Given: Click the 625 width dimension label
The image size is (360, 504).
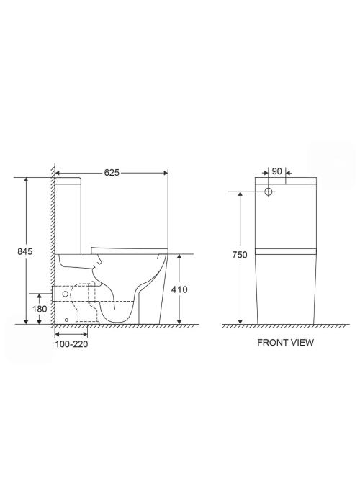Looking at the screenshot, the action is click(112, 173).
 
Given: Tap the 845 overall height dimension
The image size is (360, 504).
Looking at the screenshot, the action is click(25, 251).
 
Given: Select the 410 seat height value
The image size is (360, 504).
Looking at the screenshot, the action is click(179, 289).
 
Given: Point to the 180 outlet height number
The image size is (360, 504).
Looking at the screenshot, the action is click(40, 309).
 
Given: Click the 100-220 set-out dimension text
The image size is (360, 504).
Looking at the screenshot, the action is click(71, 344).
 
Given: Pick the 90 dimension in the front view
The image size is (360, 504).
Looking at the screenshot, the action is click(276, 171).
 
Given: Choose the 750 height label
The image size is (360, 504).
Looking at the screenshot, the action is click(240, 255).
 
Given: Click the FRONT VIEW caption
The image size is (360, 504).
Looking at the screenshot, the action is click(285, 343).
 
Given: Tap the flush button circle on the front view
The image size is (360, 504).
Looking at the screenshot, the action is click(269, 192).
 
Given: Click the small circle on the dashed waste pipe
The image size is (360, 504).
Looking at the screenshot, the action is click(66, 294).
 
